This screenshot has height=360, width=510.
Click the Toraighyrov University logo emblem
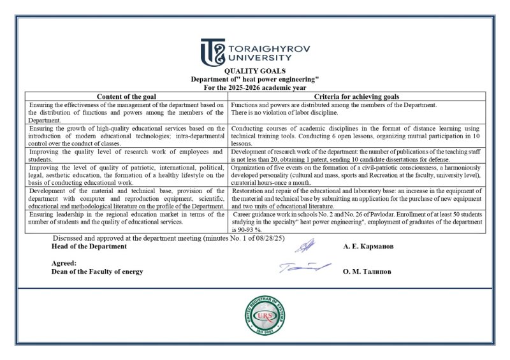point(212,52)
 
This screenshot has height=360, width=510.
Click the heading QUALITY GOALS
point(254,71)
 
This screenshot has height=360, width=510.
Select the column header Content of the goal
point(126,96)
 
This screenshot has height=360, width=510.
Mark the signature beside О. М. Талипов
point(305,268)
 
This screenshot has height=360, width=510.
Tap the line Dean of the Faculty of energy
point(97,271)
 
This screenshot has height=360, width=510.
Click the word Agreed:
point(64,263)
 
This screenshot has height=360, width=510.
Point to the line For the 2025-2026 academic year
point(254,87)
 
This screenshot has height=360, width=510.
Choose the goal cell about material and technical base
point(126,198)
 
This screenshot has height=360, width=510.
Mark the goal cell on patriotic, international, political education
point(126,175)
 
